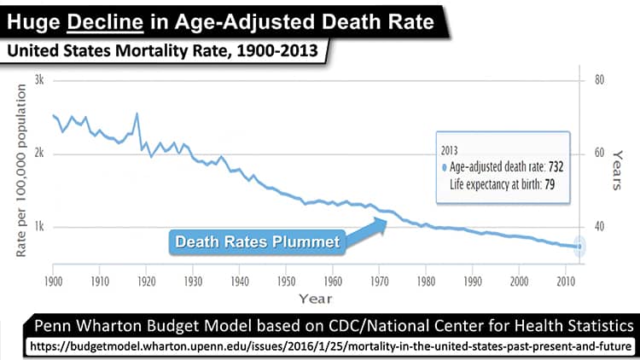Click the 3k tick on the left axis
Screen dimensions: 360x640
38,80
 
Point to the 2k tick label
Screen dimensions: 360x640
38,154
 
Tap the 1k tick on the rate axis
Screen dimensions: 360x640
38,227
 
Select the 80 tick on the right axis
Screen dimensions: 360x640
599,80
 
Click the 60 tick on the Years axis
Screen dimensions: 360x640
599,154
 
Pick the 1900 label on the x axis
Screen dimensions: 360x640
53,280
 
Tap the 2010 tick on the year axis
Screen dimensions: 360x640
565,280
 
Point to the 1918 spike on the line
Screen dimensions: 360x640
137,113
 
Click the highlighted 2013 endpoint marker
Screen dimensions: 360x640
579,247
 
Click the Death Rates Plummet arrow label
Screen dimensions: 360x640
257,241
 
